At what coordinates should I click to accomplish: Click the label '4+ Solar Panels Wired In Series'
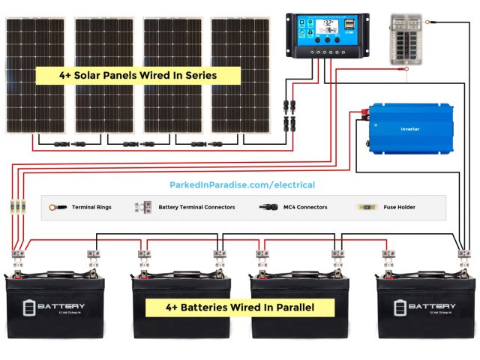[139, 75]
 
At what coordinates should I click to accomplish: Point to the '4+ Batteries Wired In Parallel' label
[239, 307]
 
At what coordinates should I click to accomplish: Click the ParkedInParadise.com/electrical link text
[242, 184]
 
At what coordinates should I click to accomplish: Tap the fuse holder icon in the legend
[367, 207]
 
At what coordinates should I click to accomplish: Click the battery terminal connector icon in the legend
[142, 207]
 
